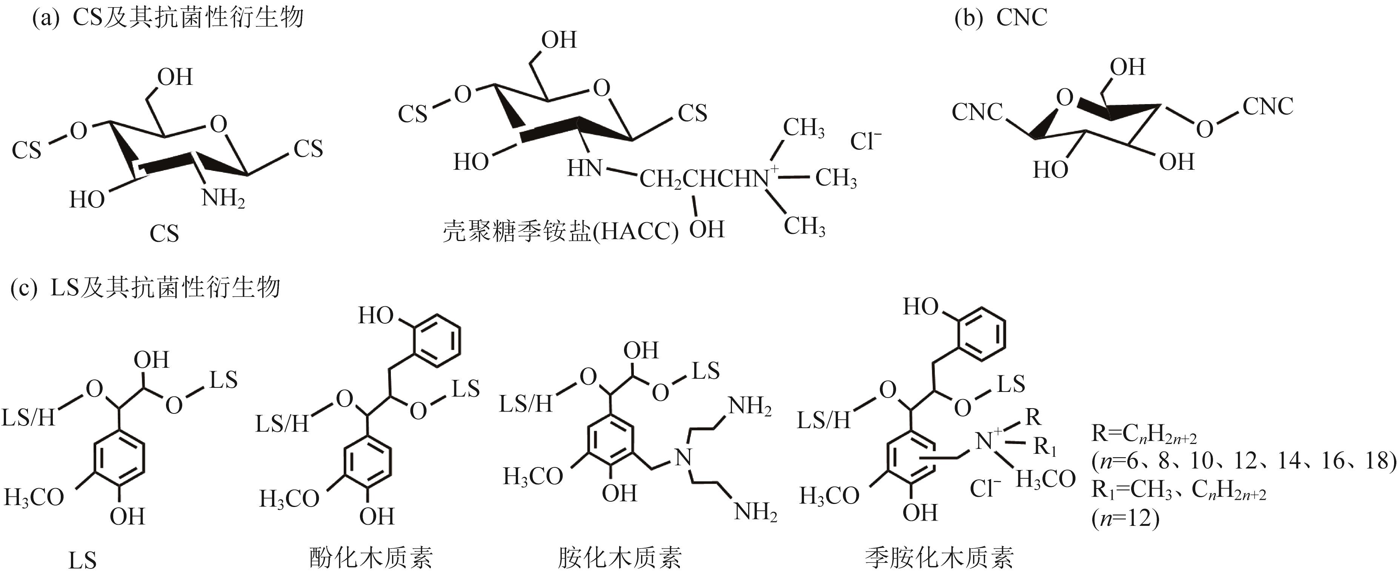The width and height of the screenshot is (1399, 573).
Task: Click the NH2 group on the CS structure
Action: [x=223, y=198]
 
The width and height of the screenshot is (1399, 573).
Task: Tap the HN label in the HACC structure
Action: [x=584, y=168]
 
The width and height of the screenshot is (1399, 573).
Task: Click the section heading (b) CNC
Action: [x=1000, y=18]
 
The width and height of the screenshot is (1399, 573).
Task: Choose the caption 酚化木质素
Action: [x=371, y=557]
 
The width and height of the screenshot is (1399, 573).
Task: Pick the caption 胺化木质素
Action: [x=620, y=557]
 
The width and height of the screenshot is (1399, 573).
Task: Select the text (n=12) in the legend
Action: [x=1125, y=519]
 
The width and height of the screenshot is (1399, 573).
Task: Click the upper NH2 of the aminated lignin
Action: [x=749, y=406]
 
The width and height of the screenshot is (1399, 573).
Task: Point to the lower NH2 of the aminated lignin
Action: [x=755, y=511]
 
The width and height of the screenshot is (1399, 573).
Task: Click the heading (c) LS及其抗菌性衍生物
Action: [x=146, y=287]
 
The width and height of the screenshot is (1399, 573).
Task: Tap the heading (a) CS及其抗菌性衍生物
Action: [x=168, y=18]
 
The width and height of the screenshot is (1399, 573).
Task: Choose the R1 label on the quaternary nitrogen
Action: [x=1044, y=447]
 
